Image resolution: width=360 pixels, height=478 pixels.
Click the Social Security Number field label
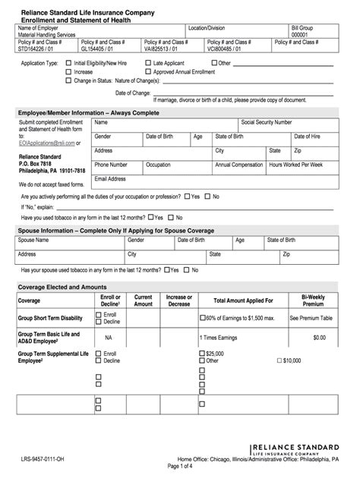266,121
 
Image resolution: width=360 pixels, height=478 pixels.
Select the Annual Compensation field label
238,164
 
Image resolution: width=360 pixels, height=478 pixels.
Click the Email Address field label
110,178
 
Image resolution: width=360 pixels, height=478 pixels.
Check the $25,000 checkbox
203,354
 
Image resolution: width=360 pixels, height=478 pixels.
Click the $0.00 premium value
319,337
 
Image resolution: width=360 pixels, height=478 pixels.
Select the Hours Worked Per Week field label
296,164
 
